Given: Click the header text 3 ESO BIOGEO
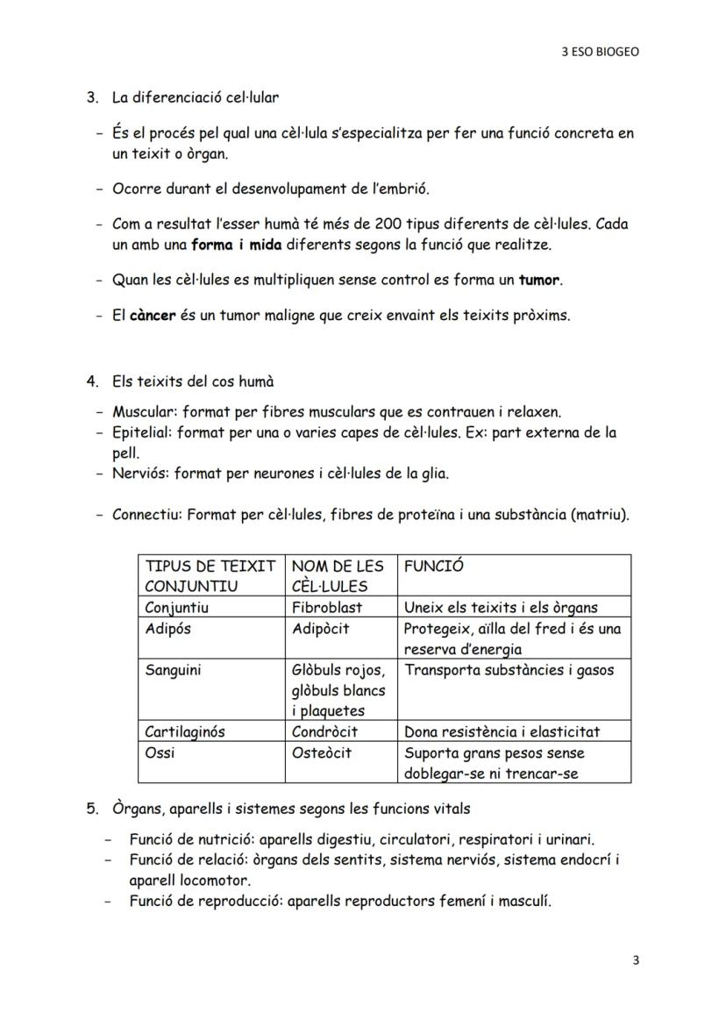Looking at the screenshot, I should point(600,52).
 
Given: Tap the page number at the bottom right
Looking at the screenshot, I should point(636,959).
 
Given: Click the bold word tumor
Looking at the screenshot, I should point(539,281).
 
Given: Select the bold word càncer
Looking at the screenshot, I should point(153,315).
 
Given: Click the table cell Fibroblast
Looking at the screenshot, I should point(326,607).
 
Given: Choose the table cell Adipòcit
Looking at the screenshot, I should point(320,629).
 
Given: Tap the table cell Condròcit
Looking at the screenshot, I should point(324,731).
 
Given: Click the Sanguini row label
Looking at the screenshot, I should point(173,670).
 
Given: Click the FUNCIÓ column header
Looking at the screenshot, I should point(434,567).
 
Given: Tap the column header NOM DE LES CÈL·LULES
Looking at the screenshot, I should point(338,576).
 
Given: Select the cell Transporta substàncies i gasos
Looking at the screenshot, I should point(509,670).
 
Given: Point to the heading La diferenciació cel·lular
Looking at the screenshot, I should point(196,97).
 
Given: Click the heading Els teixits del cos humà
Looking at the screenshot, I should point(193,382).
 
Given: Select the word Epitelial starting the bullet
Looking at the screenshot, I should point(141,432).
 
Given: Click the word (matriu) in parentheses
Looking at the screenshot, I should point(600,515).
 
